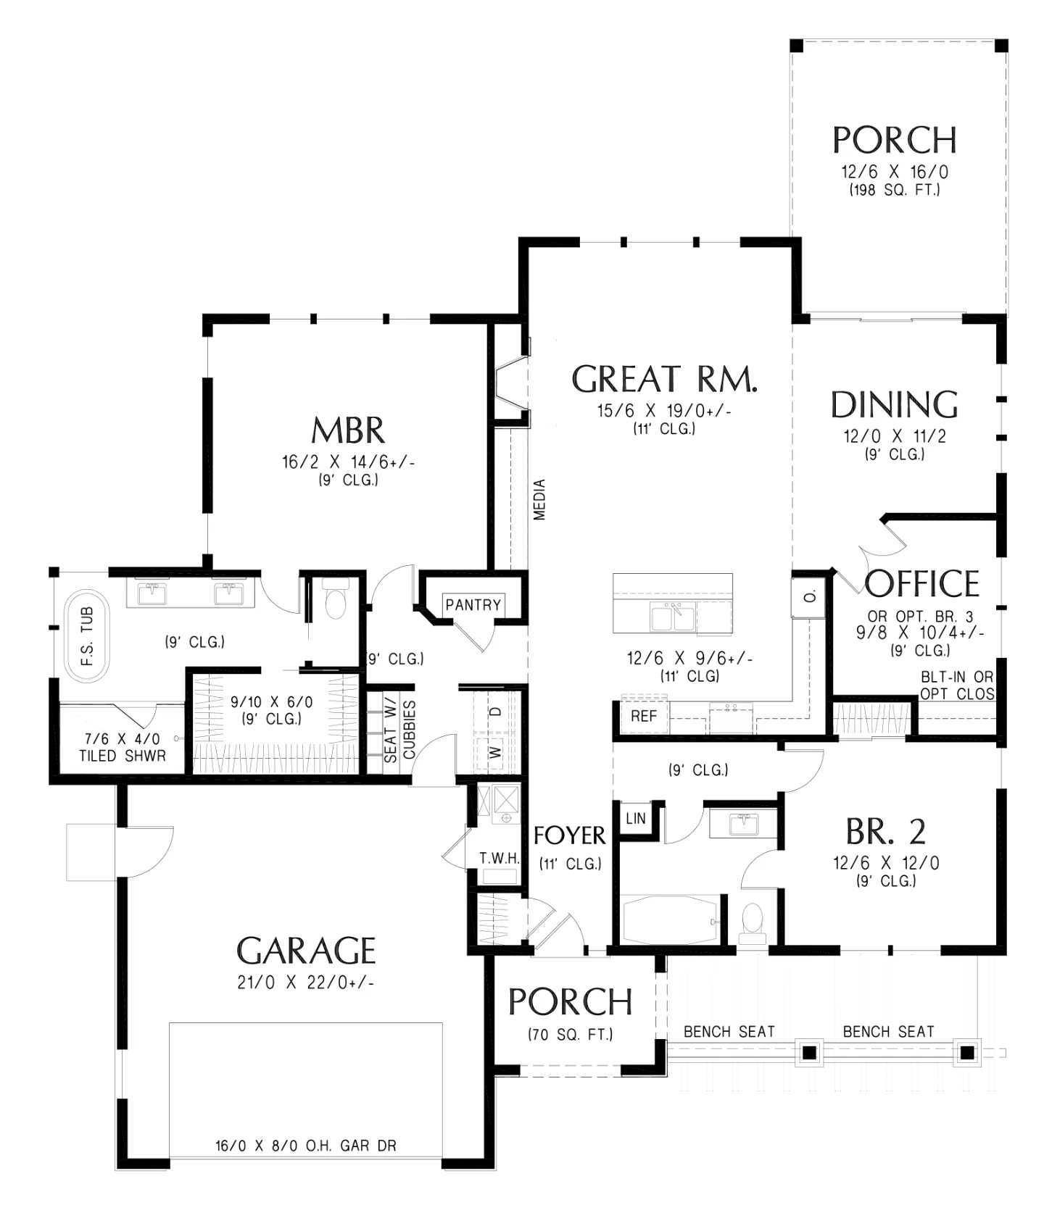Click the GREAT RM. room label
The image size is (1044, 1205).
click(x=664, y=379)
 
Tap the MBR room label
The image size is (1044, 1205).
click(x=348, y=430)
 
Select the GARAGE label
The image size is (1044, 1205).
click(x=306, y=951)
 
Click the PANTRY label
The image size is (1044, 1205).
click(x=473, y=605)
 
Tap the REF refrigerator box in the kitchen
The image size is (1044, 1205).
click(x=644, y=716)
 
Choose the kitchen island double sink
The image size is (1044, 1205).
click(x=674, y=617)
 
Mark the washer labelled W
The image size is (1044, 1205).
click(x=496, y=753)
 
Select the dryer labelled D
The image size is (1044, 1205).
click(x=497, y=712)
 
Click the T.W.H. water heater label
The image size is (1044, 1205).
click(x=500, y=859)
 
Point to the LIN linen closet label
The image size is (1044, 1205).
click(x=636, y=819)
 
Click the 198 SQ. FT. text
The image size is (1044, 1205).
click(x=895, y=191)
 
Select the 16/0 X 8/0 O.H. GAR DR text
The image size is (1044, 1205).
click(x=306, y=1146)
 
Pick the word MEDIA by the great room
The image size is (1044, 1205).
click(x=539, y=500)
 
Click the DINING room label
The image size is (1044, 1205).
click(x=894, y=405)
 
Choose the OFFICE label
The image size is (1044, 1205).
click(x=921, y=583)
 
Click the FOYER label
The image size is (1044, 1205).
click(x=570, y=836)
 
